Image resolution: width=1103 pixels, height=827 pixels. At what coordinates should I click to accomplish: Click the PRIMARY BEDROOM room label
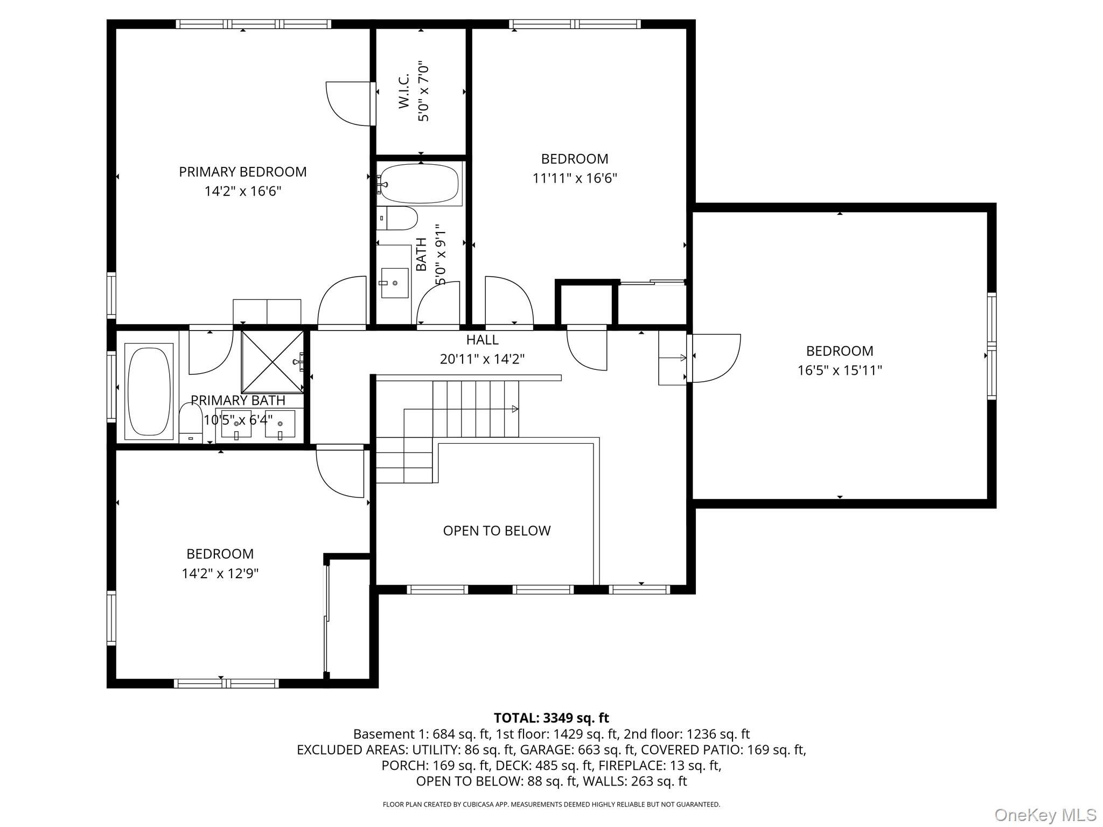click(243, 172)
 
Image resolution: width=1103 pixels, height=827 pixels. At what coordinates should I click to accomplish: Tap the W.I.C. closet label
click(404, 91)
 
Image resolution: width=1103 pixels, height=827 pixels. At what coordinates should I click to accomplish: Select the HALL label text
click(482, 340)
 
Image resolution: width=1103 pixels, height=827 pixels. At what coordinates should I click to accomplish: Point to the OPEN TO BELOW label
click(497, 531)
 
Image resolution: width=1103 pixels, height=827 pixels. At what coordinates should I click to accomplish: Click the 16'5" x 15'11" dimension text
click(840, 370)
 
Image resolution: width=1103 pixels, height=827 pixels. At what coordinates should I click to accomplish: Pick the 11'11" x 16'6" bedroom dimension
click(575, 178)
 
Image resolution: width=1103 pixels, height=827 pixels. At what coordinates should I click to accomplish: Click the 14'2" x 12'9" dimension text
click(220, 573)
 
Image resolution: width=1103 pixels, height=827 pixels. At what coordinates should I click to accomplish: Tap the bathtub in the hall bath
click(420, 184)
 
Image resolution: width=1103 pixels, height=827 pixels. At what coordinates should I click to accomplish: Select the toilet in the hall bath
click(397, 218)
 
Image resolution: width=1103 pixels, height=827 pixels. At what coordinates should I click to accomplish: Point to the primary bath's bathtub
click(149, 391)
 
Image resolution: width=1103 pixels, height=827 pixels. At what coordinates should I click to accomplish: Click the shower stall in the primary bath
click(273, 362)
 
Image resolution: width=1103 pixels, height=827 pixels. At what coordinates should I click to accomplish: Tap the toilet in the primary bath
click(190, 423)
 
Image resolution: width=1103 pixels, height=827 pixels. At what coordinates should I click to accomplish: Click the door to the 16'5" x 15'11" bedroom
click(716, 358)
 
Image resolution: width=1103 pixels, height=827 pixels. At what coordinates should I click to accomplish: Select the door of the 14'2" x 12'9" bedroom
click(340, 471)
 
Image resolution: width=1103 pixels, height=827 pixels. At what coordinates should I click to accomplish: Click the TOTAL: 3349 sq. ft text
click(551, 718)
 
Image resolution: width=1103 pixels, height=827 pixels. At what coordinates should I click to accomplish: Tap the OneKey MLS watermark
click(1045, 815)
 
